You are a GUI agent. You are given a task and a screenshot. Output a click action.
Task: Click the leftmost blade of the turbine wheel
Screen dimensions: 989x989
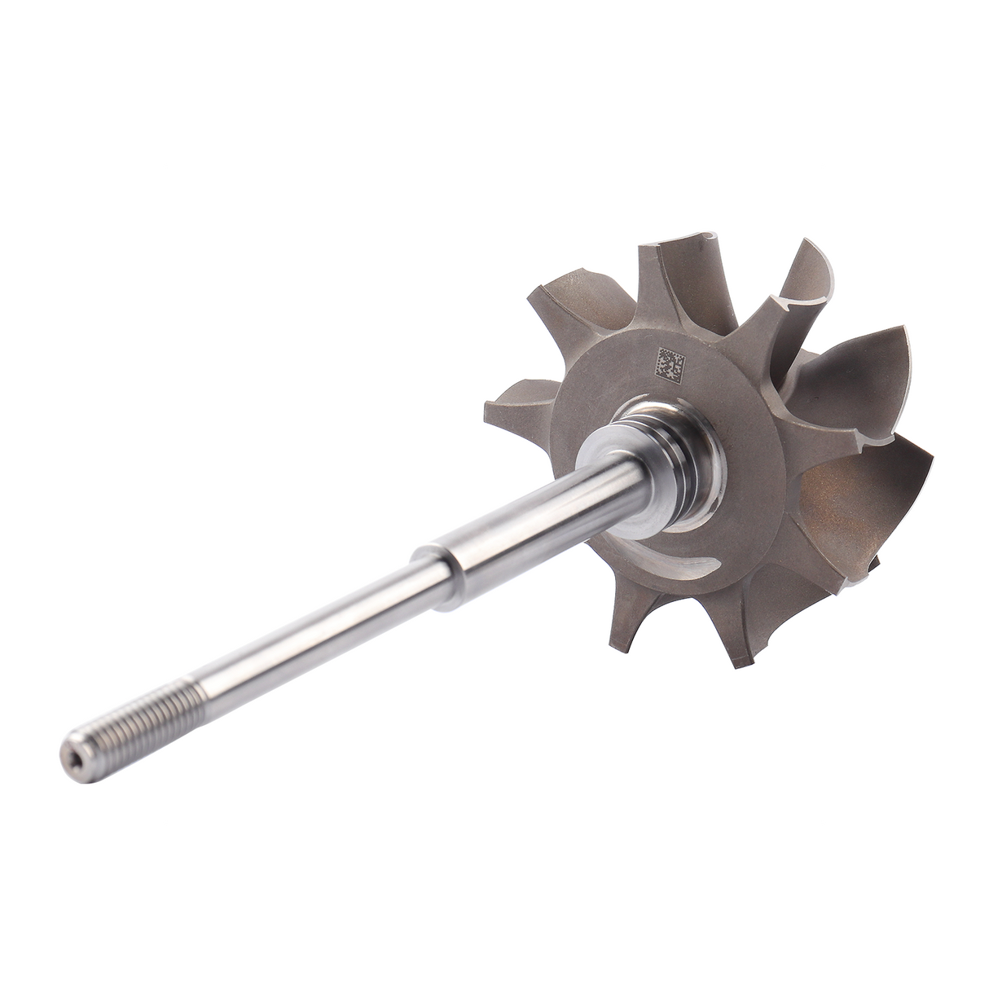click(521, 399)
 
